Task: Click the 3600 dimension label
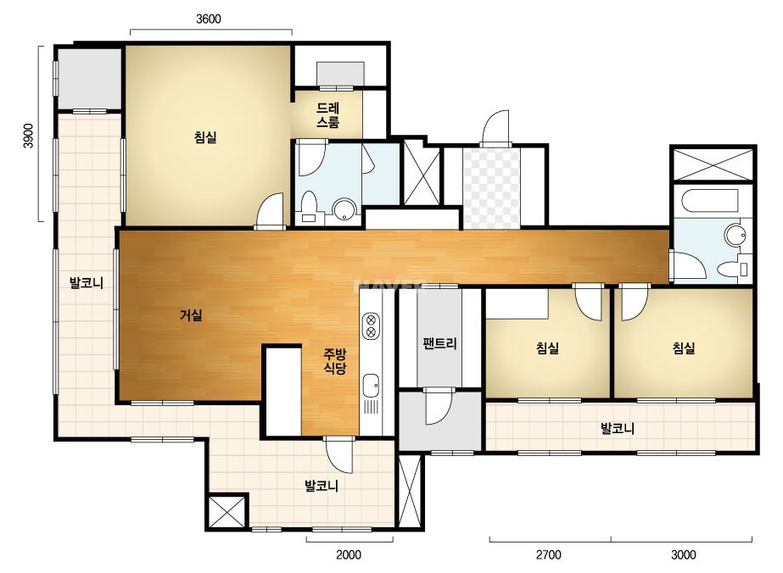click(208, 19)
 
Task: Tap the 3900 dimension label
click(29, 136)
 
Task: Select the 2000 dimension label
click(349, 554)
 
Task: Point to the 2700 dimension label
click(548, 554)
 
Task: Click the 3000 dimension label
click(683, 554)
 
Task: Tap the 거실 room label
click(191, 315)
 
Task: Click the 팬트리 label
click(439, 343)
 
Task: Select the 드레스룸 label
click(327, 114)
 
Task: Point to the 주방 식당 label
click(334, 361)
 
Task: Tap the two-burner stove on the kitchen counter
click(371, 325)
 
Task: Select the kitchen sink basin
click(371, 386)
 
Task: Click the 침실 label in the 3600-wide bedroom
click(205, 136)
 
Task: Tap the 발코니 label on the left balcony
click(86, 283)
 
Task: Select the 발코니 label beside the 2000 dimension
click(322, 485)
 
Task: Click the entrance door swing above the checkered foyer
click(495, 128)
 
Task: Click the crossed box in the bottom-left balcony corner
click(227, 512)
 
